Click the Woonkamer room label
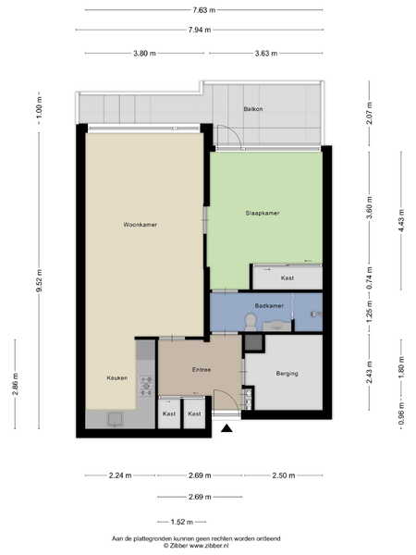tap(141, 225)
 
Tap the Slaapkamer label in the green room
tap(263, 213)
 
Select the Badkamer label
tap(269, 305)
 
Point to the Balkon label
tap(253, 109)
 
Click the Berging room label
tap(287, 374)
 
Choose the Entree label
tap(202, 370)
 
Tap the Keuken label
tap(117, 378)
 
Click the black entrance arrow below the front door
tap(226, 429)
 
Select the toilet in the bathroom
tap(251, 321)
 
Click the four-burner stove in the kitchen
tap(146, 386)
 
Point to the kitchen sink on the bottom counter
tap(115, 420)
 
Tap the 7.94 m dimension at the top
tap(200, 31)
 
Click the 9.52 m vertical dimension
tap(39, 280)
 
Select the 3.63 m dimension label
tap(266, 54)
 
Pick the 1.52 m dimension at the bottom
tap(182, 522)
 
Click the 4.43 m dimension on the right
tap(401, 220)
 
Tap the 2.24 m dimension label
tap(120, 475)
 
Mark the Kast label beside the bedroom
tap(288, 278)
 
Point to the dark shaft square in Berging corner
tap(253, 342)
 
